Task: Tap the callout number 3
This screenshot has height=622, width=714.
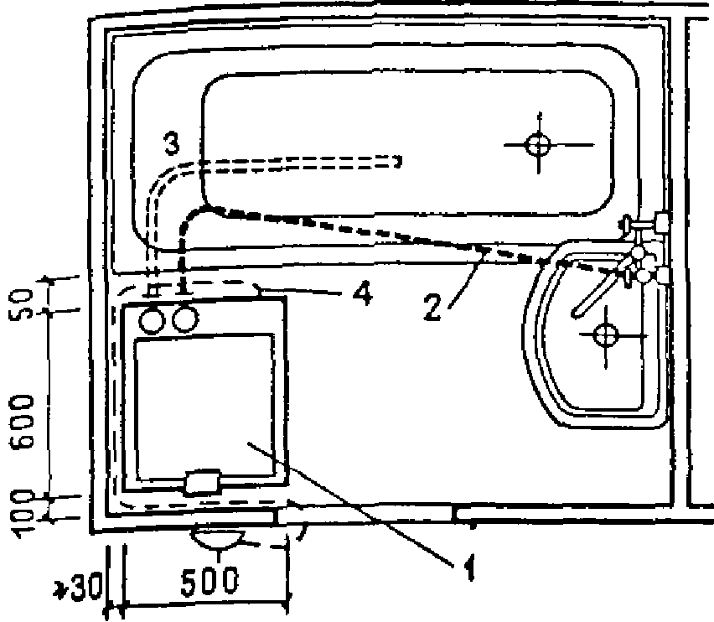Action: (170, 143)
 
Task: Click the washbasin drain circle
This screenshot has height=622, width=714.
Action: (605, 334)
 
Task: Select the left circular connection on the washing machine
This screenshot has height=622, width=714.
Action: (152, 319)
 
